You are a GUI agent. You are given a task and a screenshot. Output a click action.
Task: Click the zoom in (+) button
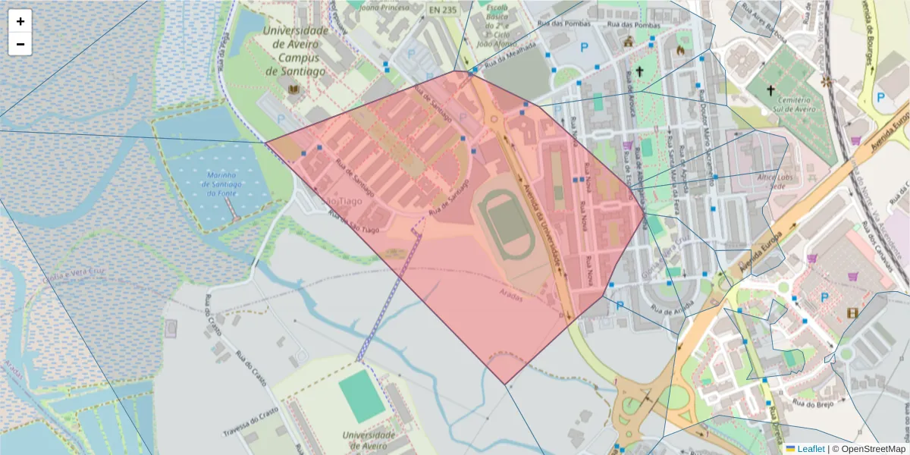pyautogui.click(x=20, y=21)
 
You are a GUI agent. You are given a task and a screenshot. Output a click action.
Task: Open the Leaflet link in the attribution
pyautogui.click(x=810, y=449)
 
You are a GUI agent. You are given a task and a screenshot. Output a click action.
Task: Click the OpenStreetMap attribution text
pyautogui.click(x=868, y=449)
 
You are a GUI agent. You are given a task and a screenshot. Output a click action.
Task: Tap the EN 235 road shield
pyautogui.click(x=444, y=10)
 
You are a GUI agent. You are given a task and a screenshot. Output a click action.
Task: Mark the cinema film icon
pyautogui.click(x=853, y=312)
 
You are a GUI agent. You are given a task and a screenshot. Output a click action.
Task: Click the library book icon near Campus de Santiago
pyautogui.click(x=293, y=91)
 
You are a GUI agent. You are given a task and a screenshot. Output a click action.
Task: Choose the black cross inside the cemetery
pyautogui.click(x=770, y=91)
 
